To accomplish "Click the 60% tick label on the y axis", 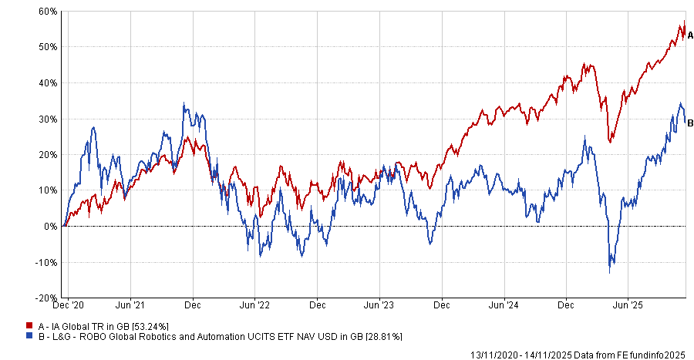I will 48,12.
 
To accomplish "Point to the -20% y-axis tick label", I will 47,298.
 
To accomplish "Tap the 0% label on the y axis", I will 51,226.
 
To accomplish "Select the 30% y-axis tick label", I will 48,119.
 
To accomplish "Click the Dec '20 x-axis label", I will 73,306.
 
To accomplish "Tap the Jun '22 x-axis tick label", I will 255,306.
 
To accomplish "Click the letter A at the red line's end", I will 690,35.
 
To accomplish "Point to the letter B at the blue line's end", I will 690,123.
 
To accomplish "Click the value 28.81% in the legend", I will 381,337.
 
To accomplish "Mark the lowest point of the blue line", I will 610,272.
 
